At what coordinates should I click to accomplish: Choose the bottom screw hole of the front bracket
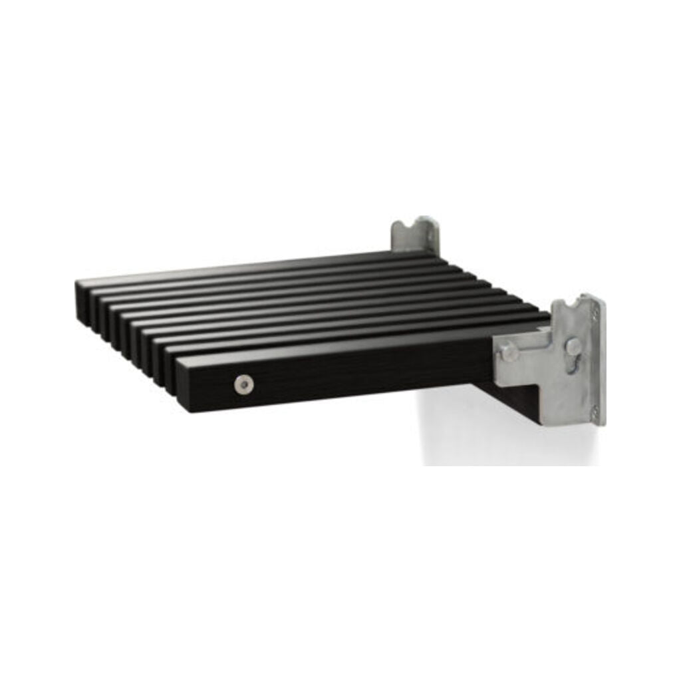pyautogui.click(x=595, y=410)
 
